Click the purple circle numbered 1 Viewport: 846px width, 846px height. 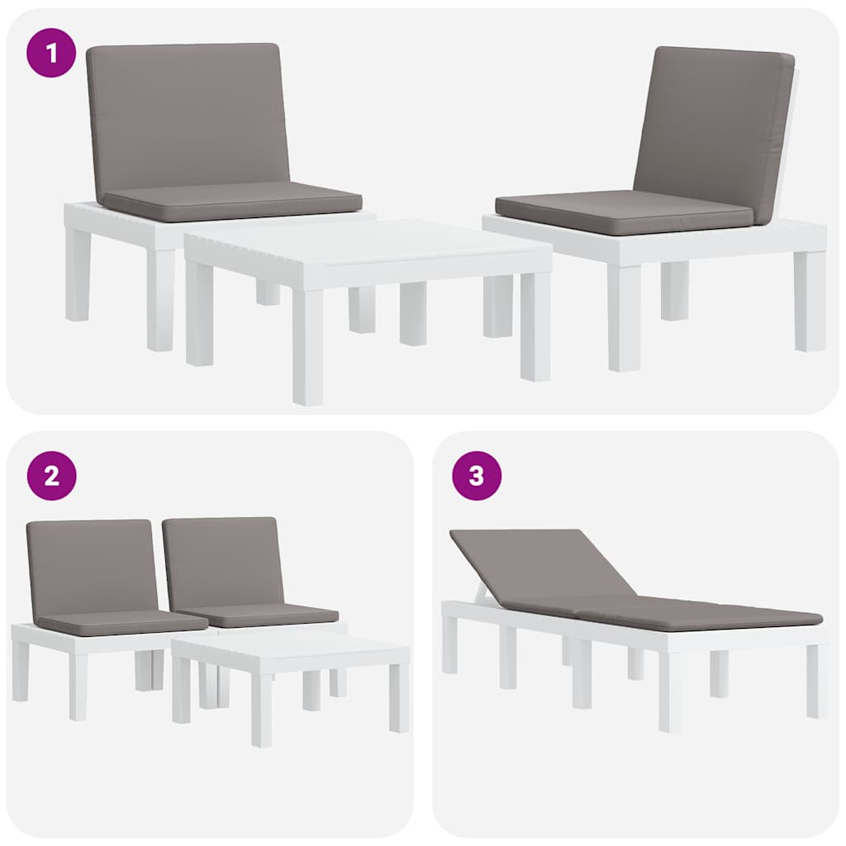[x=51, y=53]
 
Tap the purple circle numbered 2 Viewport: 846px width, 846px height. [x=51, y=476]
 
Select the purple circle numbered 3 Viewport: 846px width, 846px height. [x=477, y=476]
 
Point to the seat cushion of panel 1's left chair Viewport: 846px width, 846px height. [x=232, y=201]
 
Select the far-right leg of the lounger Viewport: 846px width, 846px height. [x=815, y=681]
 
